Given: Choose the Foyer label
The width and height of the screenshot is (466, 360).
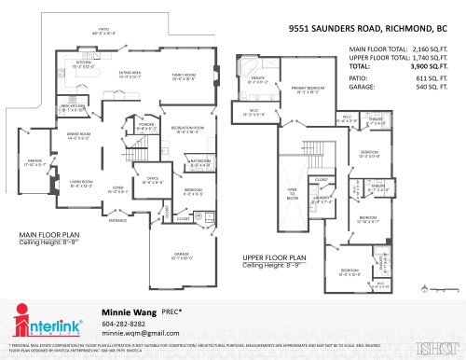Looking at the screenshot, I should [117, 190].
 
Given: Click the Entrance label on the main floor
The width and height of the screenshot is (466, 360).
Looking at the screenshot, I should [118, 221].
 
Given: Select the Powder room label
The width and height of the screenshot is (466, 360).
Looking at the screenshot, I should [145, 124].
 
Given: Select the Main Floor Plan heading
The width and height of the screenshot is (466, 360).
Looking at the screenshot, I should [48, 235].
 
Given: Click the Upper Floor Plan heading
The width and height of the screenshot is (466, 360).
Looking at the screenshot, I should [274, 257].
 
